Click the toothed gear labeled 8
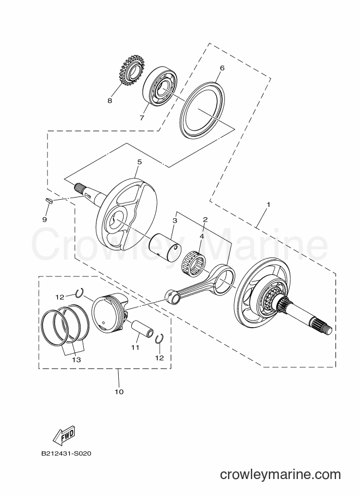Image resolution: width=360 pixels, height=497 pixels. [129, 71]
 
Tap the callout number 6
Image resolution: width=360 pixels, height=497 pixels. [222, 68]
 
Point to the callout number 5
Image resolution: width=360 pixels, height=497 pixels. [139, 162]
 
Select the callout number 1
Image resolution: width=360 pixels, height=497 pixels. [269, 205]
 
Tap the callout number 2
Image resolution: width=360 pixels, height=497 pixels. [205, 219]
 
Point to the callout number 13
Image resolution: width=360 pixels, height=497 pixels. [76, 360]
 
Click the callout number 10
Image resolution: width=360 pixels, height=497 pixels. [119, 392]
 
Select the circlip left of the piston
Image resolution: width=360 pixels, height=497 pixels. [80, 293]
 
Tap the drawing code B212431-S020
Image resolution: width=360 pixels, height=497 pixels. [66, 453]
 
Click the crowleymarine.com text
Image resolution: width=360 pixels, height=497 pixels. [280, 475]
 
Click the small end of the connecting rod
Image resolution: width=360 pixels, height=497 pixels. [173, 296]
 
